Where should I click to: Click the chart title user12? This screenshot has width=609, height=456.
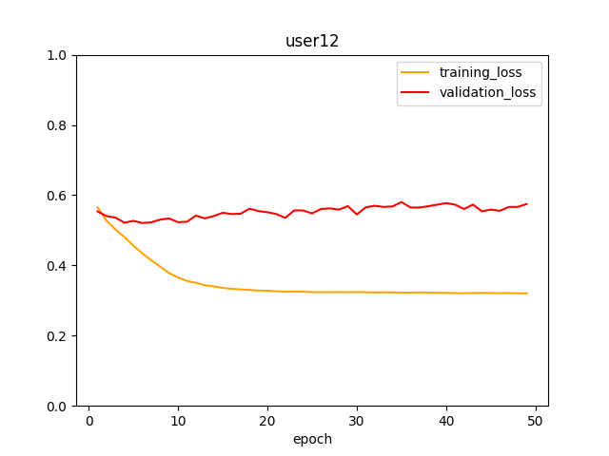coord(312,41)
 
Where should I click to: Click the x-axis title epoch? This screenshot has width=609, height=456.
coord(312,439)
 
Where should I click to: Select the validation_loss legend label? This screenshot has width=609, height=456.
coord(487,92)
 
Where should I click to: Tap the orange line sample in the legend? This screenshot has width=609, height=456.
coord(416,72)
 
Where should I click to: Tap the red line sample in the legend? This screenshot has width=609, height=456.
coord(416,92)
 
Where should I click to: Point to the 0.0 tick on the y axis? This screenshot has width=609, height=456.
coord(58,406)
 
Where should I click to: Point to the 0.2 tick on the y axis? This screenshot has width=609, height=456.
coord(58,335)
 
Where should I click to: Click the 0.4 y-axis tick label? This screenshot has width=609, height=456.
coord(58,265)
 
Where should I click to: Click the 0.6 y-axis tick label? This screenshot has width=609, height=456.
coord(58,196)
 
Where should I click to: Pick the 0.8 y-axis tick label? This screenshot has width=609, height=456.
coord(58,125)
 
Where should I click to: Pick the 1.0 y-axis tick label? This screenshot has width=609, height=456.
coord(58,55)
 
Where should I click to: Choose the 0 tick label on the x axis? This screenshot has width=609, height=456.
coord(88,421)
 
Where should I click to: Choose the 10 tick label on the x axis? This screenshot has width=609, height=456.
coord(178,421)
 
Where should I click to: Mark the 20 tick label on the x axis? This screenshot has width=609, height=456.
coord(267,421)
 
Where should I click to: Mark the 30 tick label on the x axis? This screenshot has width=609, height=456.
coord(357,421)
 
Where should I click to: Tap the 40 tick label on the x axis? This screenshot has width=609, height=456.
coord(446,421)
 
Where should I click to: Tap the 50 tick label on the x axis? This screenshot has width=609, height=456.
coord(536,421)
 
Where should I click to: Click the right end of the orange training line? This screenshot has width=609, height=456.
coord(526,294)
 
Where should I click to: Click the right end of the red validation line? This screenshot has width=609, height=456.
coord(526,203)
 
